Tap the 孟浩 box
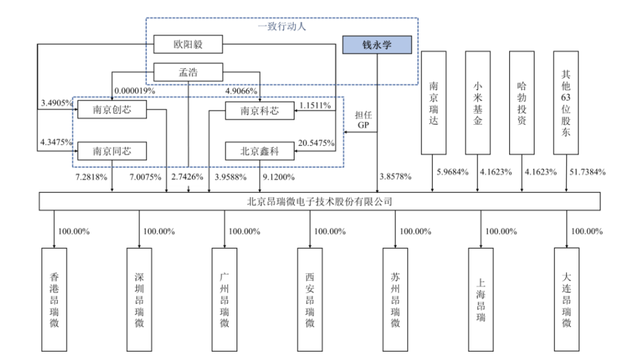pos(188,73)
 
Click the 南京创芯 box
pos(112,110)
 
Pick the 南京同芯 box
pos(112,151)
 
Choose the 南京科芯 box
pos(259,111)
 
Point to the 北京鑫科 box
pos(259,151)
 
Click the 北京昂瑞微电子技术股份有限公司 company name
pos(319,201)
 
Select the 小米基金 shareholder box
pos(477,103)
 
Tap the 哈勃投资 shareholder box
pos(522,103)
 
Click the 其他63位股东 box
pos(566,103)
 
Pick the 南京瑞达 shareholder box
pos(433,103)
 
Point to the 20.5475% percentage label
pos(316,143)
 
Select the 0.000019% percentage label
pos(135,91)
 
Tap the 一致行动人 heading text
pos(282,26)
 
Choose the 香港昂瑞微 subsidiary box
pos(54,300)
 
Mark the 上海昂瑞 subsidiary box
pos(481,300)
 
